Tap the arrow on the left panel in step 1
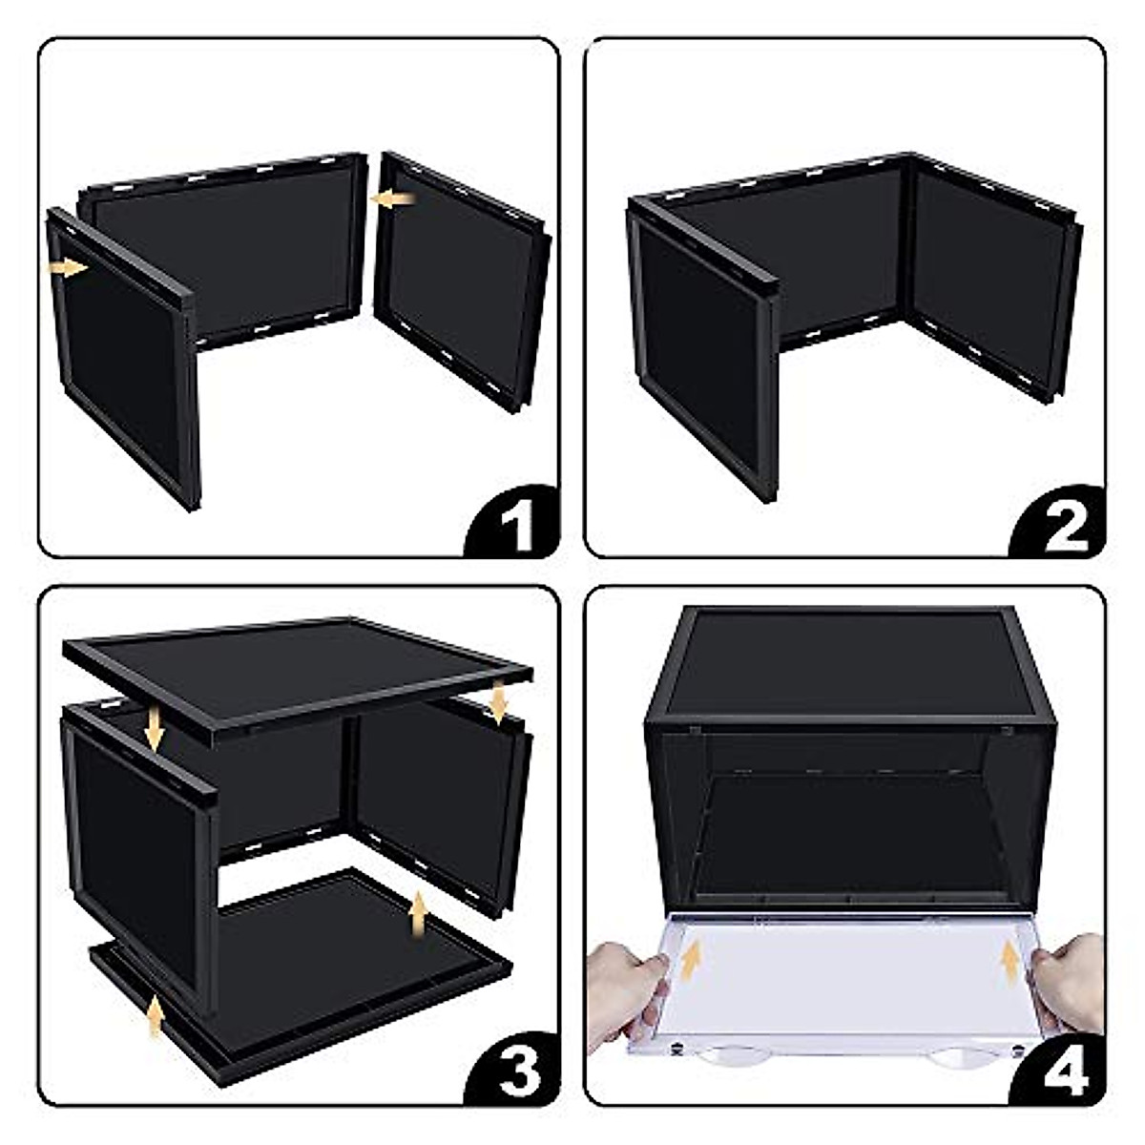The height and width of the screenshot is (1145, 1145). pos(69,268)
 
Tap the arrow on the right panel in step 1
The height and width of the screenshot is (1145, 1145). pos(393,198)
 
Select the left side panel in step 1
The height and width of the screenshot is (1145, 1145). pos(124,353)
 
